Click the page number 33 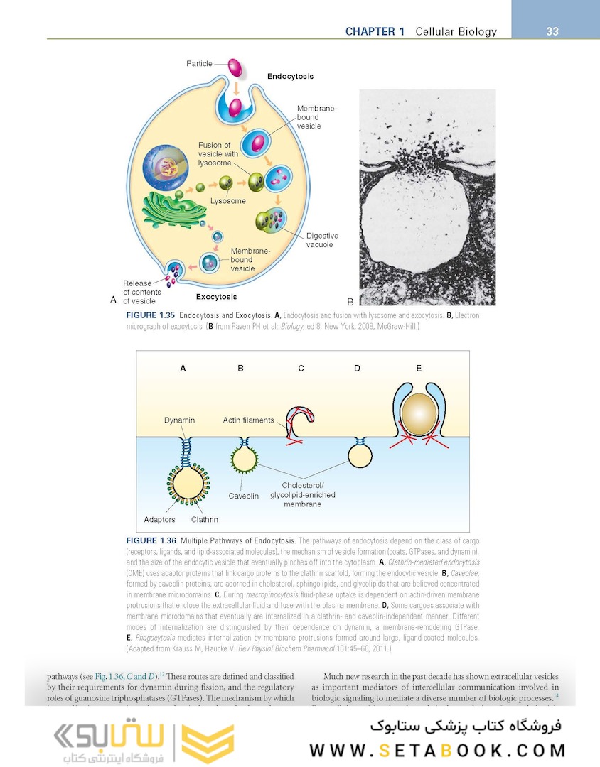[x=552, y=31]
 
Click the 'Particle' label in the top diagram [x=200, y=64]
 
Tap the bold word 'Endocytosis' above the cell [x=290, y=76]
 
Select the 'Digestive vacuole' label [x=322, y=240]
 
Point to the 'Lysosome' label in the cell [x=227, y=201]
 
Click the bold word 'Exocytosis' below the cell [x=216, y=297]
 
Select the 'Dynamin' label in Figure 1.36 [x=179, y=420]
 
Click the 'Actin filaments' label [x=248, y=420]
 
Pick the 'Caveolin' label [x=244, y=496]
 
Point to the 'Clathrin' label [x=204, y=520]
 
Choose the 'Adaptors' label [x=159, y=520]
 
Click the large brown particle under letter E [x=418, y=413]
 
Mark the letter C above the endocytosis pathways [x=301, y=368]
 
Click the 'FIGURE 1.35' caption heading [x=150, y=315]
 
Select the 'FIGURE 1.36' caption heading [x=150, y=540]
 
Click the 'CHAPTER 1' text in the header [x=375, y=31]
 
